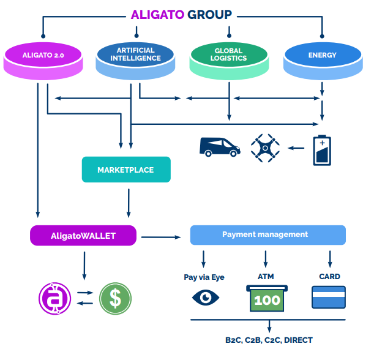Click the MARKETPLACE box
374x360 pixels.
click(x=125, y=170)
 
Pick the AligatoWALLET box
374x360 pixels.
click(x=83, y=235)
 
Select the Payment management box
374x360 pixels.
click(x=267, y=235)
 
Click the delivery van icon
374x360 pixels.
click(x=219, y=148)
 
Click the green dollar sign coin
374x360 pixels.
click(x=115, y=298)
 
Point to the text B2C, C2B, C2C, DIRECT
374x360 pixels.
click(x=269, y=340)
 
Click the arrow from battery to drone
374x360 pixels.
click(x=297, y=148)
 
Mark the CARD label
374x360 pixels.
click(x=329, y=277)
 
